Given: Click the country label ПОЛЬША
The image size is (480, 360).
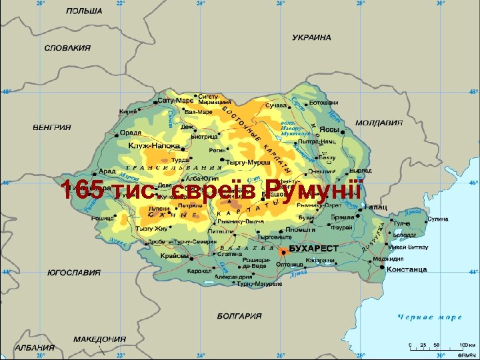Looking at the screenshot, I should click(84, 11).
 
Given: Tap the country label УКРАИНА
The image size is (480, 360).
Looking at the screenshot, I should click(311, 38).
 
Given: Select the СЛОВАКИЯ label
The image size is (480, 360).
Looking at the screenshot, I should click(67, 48).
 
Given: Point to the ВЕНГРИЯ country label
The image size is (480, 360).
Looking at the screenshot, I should click(52, 127).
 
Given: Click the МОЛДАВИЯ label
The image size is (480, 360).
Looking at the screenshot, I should click(379, 123).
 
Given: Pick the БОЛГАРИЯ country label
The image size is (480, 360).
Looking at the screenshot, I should click(239, 316).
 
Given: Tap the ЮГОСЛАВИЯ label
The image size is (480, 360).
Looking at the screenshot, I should click(74, 273).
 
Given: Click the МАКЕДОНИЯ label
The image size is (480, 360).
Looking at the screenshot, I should click(100, 339).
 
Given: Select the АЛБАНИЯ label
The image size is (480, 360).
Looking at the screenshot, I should click(35, 348).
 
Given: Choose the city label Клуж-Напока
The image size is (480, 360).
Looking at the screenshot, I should click(155, 145).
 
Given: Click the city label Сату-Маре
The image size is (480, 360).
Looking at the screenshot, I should click(175, 101).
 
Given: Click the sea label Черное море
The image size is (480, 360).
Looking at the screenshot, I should click(430, 317).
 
